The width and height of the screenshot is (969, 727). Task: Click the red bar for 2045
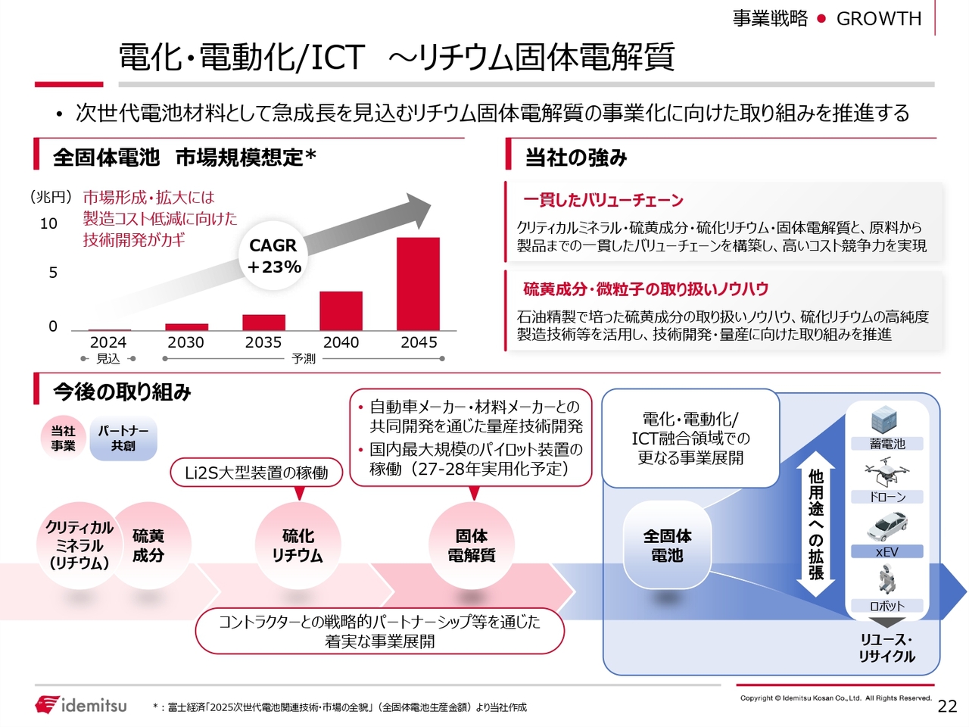click(418, 284)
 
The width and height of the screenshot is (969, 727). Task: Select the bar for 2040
click(341, 310)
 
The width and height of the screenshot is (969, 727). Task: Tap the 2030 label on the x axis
click(185, 342)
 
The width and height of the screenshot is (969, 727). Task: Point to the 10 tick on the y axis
click(48, 224)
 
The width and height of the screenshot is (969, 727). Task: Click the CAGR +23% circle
click(273, 255)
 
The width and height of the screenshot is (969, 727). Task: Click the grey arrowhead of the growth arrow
click(418, 210)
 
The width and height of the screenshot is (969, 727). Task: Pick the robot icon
click(886, 579)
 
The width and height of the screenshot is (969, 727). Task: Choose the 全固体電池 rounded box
click(667, 545)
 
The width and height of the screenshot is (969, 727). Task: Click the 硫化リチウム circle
click(298, 545)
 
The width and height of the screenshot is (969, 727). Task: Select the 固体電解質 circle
click(472, 545)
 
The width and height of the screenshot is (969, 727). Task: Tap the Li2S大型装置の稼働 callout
click(256, 473)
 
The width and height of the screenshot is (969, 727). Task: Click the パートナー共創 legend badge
click(123, 438)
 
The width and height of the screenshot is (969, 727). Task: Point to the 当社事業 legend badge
click(63, 438)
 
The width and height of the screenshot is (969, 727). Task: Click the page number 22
click(947, 707)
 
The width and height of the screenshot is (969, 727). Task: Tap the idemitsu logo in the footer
click(81, 704)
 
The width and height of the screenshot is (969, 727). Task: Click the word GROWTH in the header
click(878, 18)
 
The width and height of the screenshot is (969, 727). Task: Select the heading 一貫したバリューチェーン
click(603, 201)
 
